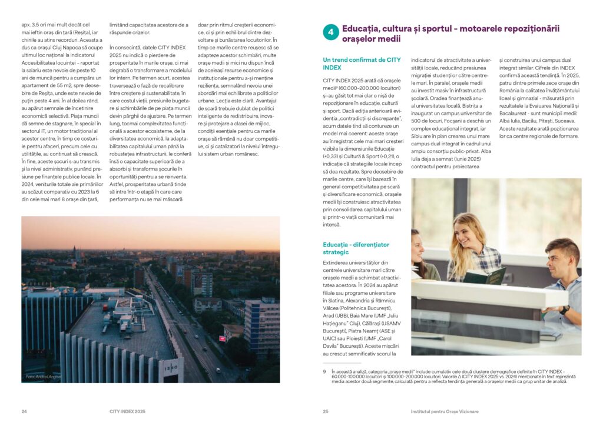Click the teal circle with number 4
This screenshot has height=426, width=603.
coord(330,33)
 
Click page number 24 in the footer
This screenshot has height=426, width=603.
coord(24,411)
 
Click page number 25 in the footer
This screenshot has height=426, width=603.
coord(325,411)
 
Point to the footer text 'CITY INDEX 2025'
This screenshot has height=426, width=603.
coord(127,411)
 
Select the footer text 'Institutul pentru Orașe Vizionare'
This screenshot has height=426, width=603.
coord(445,411)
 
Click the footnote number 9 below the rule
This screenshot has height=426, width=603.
coord(324,371)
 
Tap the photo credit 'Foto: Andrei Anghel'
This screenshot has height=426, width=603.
coord(42,377)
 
